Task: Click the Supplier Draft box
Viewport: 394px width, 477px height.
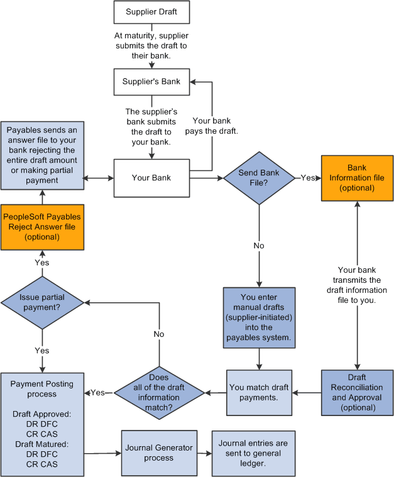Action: pos(151,12)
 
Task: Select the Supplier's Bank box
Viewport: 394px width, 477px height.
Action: pos(151,82)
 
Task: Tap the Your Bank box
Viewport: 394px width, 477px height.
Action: pos(151,178)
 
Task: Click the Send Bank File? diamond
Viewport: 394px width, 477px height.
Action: pos(259,178)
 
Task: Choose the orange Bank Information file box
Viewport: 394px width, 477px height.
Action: pos(357,178)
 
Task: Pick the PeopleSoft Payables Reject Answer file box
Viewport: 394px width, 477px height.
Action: pos(41,227)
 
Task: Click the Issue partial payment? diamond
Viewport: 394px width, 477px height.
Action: pos(42,302)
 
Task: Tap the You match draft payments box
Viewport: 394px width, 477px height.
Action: pos(259,393)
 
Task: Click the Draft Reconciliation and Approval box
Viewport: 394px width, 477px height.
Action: pos(357,393)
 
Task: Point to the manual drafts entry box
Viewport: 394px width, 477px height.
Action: pos(259,317)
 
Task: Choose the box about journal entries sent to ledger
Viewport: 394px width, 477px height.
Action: pos(253,452)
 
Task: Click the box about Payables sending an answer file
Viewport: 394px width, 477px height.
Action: pos(41,155)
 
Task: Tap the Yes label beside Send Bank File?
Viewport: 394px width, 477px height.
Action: pos(308,178)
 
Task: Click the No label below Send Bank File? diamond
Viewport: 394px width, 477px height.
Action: pos(259,246)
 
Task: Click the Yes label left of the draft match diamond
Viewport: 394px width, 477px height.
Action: pos(97,393)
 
